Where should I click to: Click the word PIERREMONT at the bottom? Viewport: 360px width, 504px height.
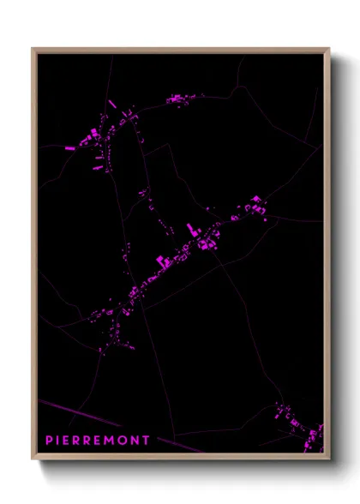(98, 441)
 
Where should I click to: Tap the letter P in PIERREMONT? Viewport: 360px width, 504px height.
(49, 441)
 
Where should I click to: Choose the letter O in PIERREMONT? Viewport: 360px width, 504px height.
(128, 441)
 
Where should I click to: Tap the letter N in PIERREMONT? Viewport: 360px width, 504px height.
(138, 441)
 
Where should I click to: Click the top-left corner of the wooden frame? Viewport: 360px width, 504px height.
(33, 49)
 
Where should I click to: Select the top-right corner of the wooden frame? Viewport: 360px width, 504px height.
(328, 49)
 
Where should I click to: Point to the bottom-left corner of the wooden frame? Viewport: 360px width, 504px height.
(33, 460)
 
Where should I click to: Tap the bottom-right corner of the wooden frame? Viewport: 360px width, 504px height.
(328, 460)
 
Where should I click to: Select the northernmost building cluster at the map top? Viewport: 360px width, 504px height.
(177, 99)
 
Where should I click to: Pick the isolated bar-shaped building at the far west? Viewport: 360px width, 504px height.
(69, 148)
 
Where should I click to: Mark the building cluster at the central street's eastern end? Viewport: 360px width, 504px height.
(255, 206)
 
